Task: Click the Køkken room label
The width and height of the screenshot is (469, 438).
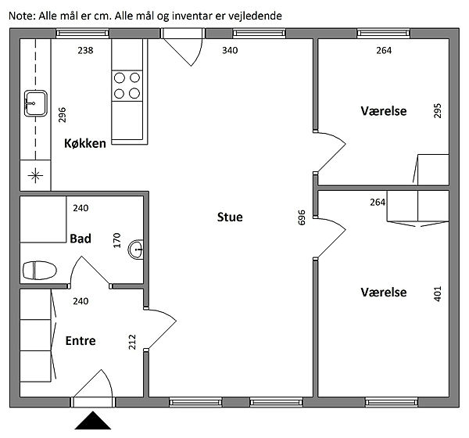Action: pos(85,143)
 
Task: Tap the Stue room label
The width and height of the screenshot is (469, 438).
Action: pos(230,217)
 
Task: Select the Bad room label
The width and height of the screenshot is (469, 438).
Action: pos(81,239)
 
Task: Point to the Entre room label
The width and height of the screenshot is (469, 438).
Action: pos(81,341)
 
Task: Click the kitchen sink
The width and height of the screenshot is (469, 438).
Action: pos(36,103)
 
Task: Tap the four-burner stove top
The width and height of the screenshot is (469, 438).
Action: pos(127,85)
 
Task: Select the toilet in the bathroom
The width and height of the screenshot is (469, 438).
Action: pos(40,271)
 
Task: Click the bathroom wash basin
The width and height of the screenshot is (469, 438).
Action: pos(136,249)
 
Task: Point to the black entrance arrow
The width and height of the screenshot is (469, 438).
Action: pos(93,420)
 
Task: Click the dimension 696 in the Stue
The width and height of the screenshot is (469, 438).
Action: pos(302,217)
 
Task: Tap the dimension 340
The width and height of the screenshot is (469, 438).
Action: pos(230,50)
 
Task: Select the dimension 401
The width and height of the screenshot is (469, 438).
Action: pos(438,294)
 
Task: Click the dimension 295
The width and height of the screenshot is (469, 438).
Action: pos(438,111)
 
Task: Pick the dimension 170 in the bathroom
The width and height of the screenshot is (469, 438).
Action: pos(117,240)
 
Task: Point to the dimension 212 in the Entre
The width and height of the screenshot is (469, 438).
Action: pos(132,342)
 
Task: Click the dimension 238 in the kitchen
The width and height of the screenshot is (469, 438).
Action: pos(85,50)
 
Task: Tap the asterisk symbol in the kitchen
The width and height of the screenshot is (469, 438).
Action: pos(35,175)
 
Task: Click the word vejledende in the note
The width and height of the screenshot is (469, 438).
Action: pos(255,16)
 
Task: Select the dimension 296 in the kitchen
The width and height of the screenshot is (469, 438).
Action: pos(62,115)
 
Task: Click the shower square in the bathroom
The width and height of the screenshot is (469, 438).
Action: pos(43,219)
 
